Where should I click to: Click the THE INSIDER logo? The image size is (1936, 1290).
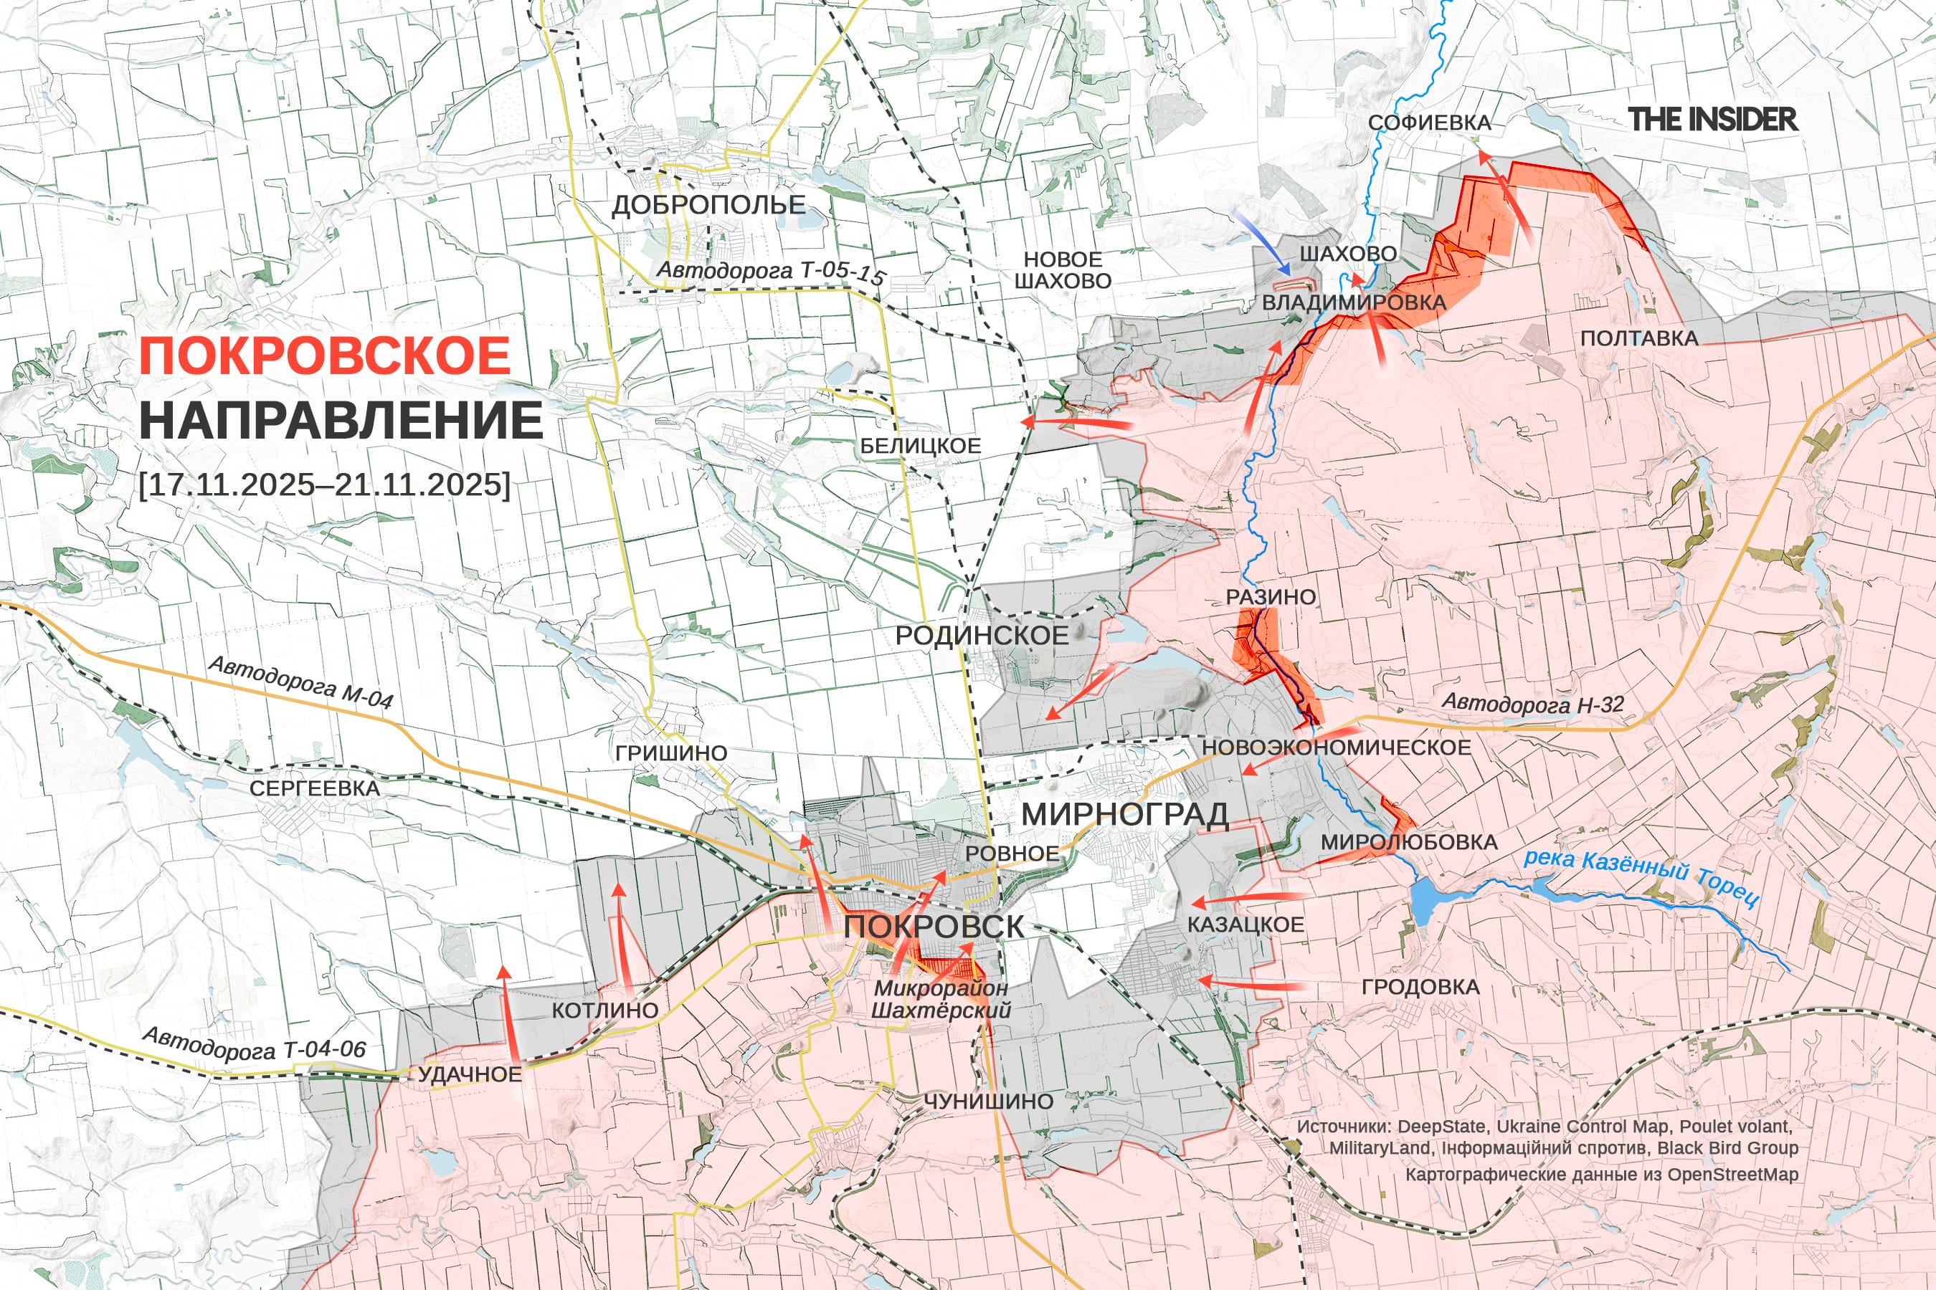coord(1712,119)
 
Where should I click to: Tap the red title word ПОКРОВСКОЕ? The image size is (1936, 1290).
coord(325,356)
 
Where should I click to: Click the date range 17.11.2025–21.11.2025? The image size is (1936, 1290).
coord(325,484)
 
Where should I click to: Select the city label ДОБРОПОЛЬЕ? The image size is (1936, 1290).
coord(708,204)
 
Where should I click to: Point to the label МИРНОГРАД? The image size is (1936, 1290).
coord(1124,814)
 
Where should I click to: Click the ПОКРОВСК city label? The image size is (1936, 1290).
coord(934,927)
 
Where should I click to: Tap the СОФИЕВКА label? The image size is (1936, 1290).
coord(1429,123)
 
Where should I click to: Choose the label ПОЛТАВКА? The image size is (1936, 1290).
coord(1639,338)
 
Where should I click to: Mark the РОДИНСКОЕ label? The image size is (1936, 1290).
coord(981,635)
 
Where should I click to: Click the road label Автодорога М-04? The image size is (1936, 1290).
coord(300,683)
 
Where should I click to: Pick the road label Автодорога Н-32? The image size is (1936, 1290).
coord(1533,704)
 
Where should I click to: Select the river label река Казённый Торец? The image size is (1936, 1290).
coord(1641,876)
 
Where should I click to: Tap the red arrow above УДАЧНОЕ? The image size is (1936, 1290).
coord(508,1016)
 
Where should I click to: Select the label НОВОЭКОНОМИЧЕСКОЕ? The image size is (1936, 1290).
coord(1336,747)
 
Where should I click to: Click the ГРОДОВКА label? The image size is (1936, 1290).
coord(1420,986)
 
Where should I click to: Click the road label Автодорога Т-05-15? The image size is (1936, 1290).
coord(769,271)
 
